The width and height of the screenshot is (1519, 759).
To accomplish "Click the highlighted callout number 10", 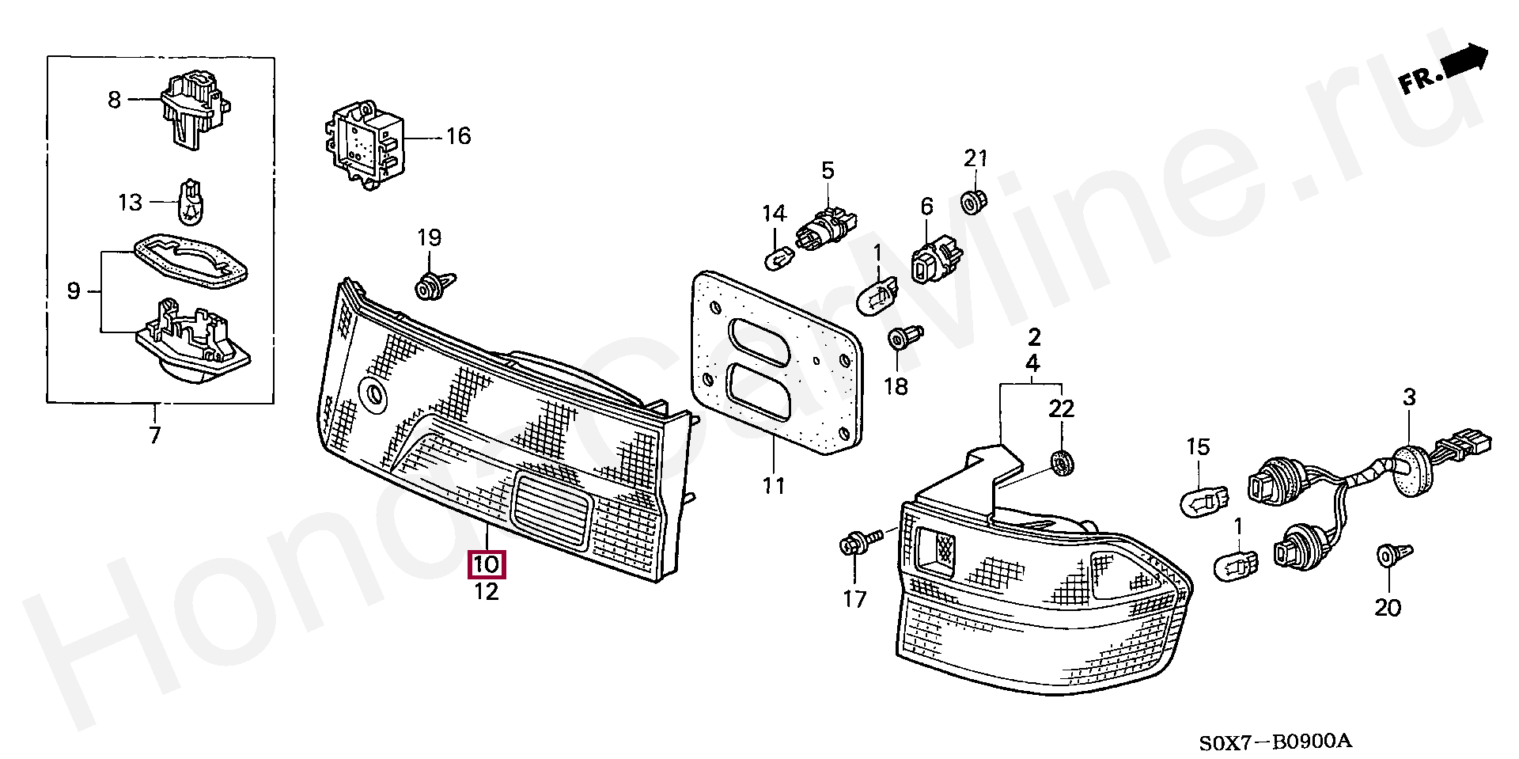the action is (487, 564).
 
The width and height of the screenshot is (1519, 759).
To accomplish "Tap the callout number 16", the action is (458, 136).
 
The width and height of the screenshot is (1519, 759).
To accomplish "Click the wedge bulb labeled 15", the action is (1204, 499).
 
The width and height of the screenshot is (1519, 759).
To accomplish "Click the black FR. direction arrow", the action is (1464, 60).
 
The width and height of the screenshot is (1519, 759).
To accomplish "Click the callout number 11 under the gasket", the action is (773, 485).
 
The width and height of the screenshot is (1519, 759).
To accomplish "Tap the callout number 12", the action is (487, 591).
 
